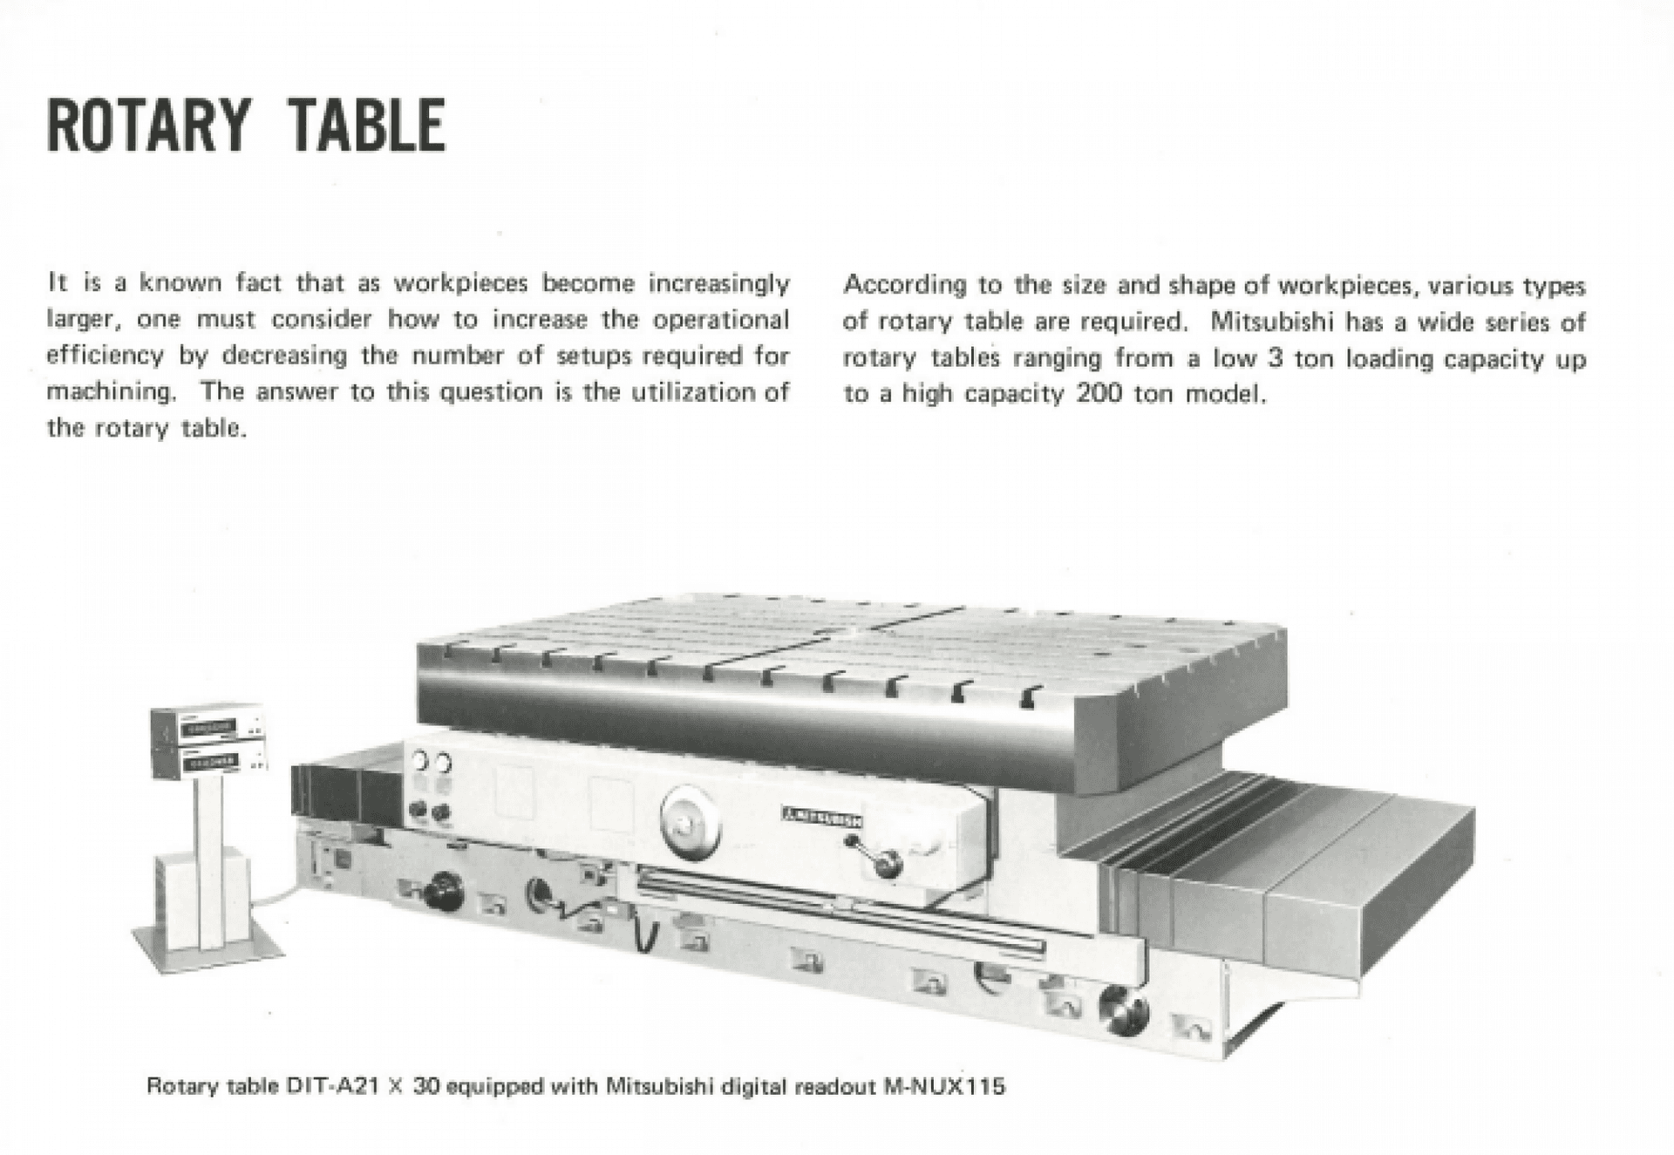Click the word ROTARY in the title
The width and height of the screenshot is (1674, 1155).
(x=149, y=126)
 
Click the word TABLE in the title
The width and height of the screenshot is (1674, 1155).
(x=367, y=126)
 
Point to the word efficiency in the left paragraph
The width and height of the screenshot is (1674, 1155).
(x=105, y=356)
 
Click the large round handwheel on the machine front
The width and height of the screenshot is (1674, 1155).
(x=691, y=821)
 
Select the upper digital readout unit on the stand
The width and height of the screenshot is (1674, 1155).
(x=208, y=726)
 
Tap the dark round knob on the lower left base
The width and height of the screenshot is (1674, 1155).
(x=443, y=891)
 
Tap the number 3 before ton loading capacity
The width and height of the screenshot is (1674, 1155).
(x=1275, y=358)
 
